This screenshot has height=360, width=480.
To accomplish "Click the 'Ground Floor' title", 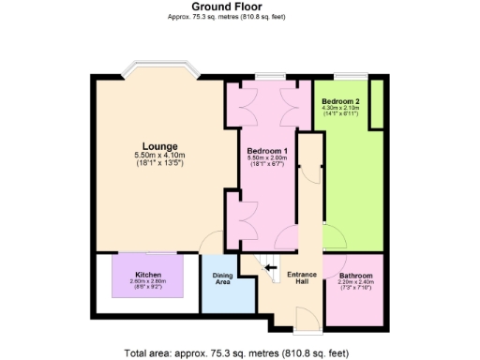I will point(239,7).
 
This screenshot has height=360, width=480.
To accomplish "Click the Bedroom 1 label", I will point(266,151).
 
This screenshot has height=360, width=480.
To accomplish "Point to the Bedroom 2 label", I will point(339,100).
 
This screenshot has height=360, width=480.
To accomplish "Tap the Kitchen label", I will point(135,275).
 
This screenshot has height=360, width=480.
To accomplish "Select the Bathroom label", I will point(356,276).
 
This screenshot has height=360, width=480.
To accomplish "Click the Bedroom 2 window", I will point(352,76).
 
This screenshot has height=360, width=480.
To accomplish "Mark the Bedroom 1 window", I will point(269,76).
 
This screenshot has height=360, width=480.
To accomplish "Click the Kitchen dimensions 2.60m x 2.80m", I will point(135,282).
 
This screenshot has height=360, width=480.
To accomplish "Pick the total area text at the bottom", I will point(239,352).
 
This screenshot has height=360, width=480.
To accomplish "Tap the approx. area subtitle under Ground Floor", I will point(239,17).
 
